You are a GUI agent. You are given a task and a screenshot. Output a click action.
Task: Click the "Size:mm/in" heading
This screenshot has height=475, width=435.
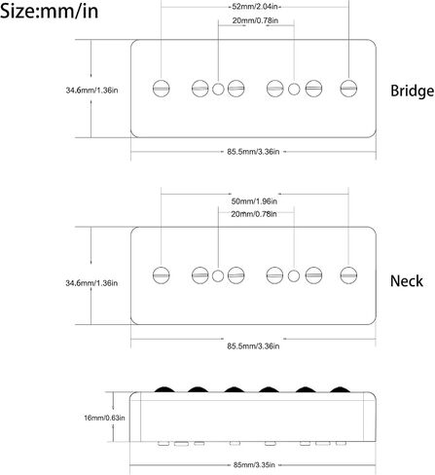(x=50, y=11)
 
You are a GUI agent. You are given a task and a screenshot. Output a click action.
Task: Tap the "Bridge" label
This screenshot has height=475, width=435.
(x=412, y=91)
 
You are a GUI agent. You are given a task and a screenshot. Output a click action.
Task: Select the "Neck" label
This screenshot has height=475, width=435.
(x=407, y=281)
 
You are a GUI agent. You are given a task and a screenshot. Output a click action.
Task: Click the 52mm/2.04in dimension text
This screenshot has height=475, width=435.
(x=255, y=7)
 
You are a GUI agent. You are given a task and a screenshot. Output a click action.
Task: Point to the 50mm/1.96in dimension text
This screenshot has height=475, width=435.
(x=254, y=201)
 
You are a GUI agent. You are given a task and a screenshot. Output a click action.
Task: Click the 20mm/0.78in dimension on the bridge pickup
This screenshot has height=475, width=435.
(x=255, y=20)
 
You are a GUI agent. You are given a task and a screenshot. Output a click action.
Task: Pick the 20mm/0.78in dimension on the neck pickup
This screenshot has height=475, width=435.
(x=254, y=214)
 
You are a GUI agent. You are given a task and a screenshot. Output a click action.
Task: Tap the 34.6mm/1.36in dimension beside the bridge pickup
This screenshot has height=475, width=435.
(x=91, y=91)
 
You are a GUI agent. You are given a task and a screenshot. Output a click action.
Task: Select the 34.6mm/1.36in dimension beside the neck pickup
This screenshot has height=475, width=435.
(x=91, y=283)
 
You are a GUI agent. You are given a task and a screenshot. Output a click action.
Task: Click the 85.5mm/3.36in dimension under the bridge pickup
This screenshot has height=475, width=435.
(x=253, y=152)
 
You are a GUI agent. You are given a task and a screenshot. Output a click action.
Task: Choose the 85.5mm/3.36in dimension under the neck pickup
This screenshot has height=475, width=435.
(x=253, y=346)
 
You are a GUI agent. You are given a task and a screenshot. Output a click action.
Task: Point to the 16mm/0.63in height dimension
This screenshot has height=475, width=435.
(x=104, y=418)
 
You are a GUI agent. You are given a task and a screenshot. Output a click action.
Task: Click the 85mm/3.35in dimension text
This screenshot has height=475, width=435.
(x=254, y=465)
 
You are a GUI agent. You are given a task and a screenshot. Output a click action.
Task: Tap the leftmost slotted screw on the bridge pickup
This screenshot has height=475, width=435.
(x=162, y=89)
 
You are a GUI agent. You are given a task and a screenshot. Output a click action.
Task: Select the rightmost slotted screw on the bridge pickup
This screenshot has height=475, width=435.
(x=348, y=89)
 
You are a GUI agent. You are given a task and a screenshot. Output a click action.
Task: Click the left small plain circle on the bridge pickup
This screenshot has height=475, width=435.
(x=218, y=89)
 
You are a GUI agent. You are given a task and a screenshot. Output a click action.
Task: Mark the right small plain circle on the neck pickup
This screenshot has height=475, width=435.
(x=294, y=275)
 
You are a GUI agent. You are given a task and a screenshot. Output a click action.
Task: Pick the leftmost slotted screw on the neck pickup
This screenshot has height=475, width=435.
(x=162, y=275)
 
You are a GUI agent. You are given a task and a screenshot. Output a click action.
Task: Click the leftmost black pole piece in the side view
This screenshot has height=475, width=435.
(x=164, y=389)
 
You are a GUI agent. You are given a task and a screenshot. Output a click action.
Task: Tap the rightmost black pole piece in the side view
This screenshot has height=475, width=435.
(x=340, y=389)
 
